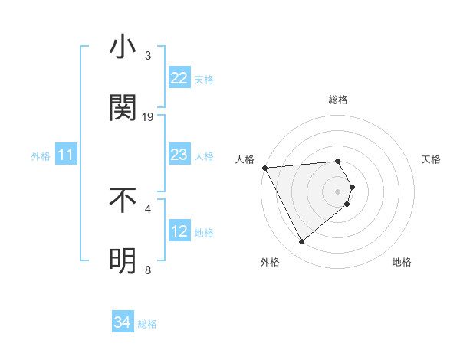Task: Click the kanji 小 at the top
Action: tap(123, 47)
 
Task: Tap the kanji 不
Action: tap(123, 200)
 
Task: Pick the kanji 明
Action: tap(123, 260)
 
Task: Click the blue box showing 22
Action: tap(179, 78)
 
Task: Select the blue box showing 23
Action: tap(179, 155)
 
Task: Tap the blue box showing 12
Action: tap(179, 231)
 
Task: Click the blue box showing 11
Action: tap(66, 155)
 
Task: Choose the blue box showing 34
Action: tap(123, 322)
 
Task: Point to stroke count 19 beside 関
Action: tap(148, 117)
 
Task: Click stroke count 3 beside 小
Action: tap(148, 56)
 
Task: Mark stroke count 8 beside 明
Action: tap(148, 270)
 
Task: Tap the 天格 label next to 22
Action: tap(204, 79)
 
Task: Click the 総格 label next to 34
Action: tap(147, 324)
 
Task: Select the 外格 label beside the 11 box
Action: tap(41, 156)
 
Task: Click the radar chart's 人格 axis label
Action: tap(245, 159)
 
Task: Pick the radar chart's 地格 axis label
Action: tap(402, 262)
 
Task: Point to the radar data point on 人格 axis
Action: tap(264, 168)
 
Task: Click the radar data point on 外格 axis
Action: tap(301, 242)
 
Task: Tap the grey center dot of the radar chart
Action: tap(337, 191)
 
